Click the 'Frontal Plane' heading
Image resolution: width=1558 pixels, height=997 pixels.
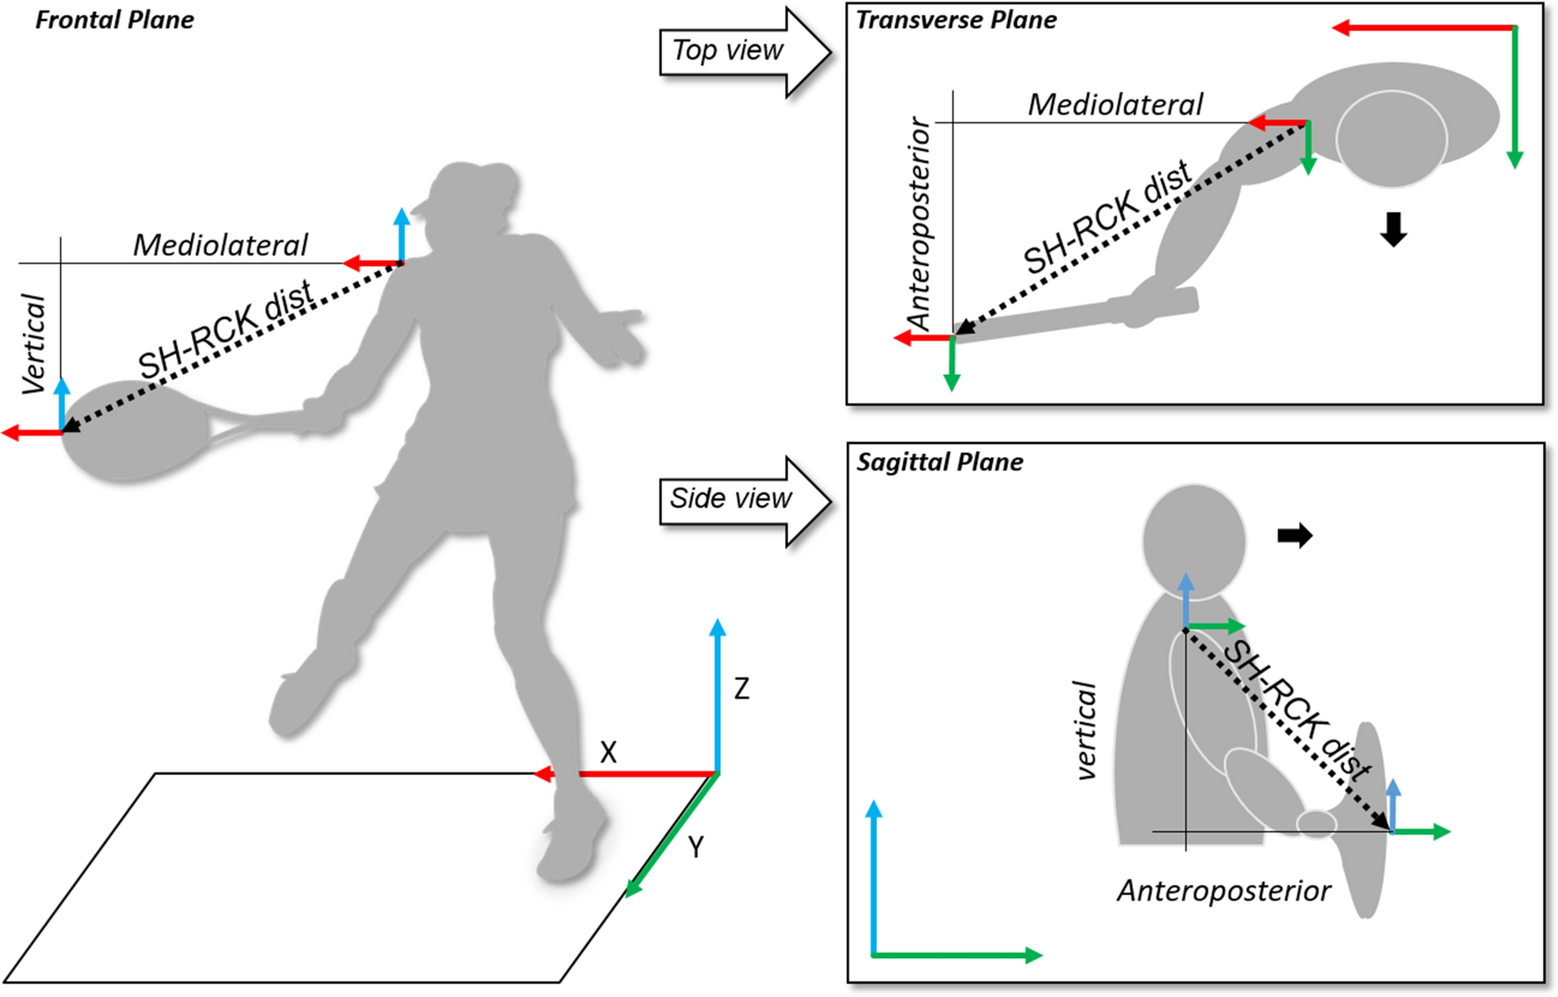click(x=114, y=20)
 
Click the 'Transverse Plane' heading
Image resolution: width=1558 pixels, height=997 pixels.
click(x=956, y=20)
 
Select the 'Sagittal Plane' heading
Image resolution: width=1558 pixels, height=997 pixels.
click(x=940, y=462)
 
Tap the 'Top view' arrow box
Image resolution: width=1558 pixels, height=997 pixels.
click(x=729, y=51)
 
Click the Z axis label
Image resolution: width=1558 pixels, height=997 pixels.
click(x=742, y=688)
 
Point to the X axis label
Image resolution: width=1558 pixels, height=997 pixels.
click(x=608, y=752)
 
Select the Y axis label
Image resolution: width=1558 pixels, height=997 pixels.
click(x=695, y=847)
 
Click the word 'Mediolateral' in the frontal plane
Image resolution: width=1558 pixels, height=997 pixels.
click(x=220, y=245)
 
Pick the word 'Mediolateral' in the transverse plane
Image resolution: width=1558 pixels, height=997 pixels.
click(x=1114, y=105)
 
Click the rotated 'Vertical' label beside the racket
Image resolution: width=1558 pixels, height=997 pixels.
click(x=33, y=343)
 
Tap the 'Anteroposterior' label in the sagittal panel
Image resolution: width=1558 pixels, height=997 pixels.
click(x=1224, y=891)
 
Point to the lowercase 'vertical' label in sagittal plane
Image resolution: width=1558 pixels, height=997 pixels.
click(x=1087, y=730)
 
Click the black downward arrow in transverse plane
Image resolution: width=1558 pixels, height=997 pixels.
click(x=1393, y=229)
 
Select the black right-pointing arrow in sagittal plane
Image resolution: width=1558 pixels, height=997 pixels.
click(x=1295, y=535)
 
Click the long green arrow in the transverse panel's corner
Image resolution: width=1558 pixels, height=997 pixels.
click(x=1514, y=97)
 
